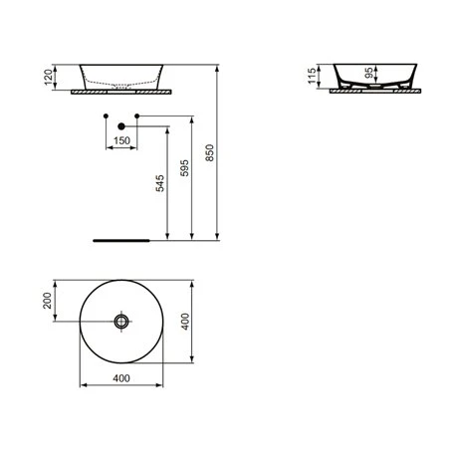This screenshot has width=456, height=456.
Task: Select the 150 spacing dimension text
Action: [120, 142]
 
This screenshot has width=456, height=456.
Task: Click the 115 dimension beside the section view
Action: [312, 76]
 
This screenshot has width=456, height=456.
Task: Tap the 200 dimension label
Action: [46, 303]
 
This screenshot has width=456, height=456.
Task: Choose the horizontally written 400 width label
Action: [120, 379]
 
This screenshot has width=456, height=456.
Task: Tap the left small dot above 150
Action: [104, 117]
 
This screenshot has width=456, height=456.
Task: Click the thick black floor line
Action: [120, 240]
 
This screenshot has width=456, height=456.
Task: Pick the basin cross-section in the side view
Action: [369, 76]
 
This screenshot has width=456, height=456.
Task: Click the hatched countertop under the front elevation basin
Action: [120, 90]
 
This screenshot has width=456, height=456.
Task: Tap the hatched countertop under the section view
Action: [369, 90]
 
